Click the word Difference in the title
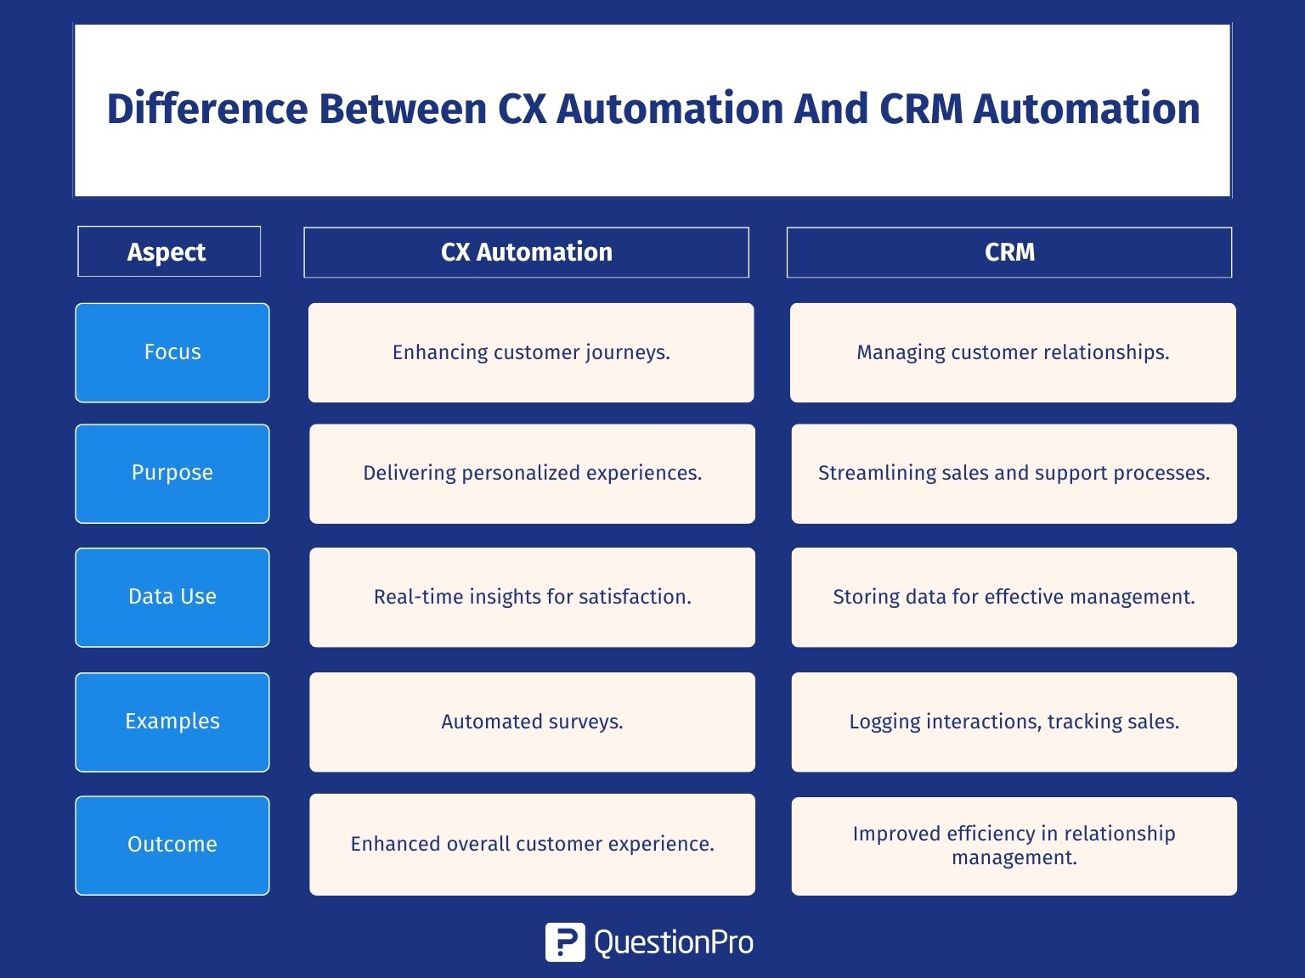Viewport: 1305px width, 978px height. click(207, 110)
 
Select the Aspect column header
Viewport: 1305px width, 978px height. click(169, 251)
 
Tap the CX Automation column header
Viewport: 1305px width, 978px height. click(526, 252)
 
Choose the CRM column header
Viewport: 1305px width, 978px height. click(1009, 252)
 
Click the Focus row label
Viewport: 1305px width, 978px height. click(172, 352)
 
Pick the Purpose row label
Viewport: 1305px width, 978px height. click(172, 473)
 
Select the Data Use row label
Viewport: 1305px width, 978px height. click(172, 598)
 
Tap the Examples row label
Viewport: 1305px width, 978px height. click(172, 722)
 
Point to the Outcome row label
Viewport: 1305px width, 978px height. click(172, 846)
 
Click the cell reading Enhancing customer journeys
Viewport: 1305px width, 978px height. click(531, 352)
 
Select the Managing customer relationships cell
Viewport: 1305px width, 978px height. click(1013, 352)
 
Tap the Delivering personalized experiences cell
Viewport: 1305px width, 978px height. click(532, 473)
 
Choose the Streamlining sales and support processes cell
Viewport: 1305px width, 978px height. click(1014, 473)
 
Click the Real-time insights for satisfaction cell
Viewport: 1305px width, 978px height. click(532, 598)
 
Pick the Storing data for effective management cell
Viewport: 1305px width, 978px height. click(1014, 598)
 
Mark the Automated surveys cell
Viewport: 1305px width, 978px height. click(532, 722)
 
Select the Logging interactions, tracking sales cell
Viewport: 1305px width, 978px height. click(1014, 722)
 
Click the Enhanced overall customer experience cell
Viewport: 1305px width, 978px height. click(532, 845)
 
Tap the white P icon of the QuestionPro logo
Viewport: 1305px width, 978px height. click(565, 942)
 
